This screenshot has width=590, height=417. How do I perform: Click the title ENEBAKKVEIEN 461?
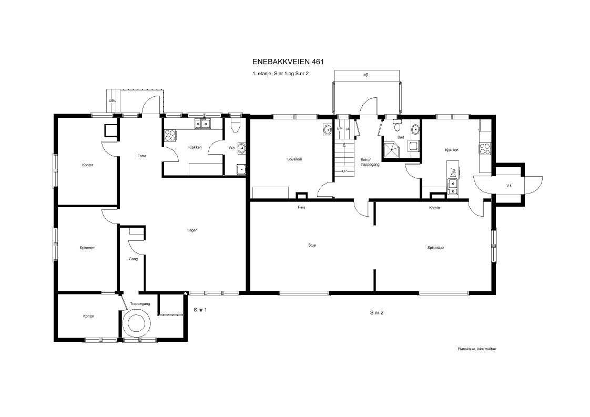(x=288, y=62)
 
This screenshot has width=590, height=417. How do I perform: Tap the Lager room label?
(x=192, y=230)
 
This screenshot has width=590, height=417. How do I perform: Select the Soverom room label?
(x=294, y=159)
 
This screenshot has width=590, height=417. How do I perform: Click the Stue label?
(x=312, y=245)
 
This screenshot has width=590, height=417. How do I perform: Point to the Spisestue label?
(x=435, y=248)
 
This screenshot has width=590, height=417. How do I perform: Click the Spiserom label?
(x=87, y=248)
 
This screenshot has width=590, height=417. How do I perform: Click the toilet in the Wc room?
(x=235, y=125)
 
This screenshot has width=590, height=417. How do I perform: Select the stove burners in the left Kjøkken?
(x=170, y=135)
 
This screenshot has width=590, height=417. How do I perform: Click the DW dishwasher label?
(x=453, y=172)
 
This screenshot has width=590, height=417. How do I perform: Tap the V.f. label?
(x=509, y=186)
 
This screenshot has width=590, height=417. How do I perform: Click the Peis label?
(x=301, y=207)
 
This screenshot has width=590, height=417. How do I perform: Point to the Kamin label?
(x=434, y=208)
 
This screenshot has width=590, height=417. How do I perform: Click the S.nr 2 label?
(x=377, y=312)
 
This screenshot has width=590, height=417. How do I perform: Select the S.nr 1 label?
(x=200, y=310)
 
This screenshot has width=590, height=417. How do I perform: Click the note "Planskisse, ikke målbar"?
(x=477, y=349)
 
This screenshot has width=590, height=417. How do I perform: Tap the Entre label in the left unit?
(x=142, y=156)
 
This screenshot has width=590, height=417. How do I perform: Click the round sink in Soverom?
(x=328, y=130)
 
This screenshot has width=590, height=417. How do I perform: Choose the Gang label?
(x=133, y=259)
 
